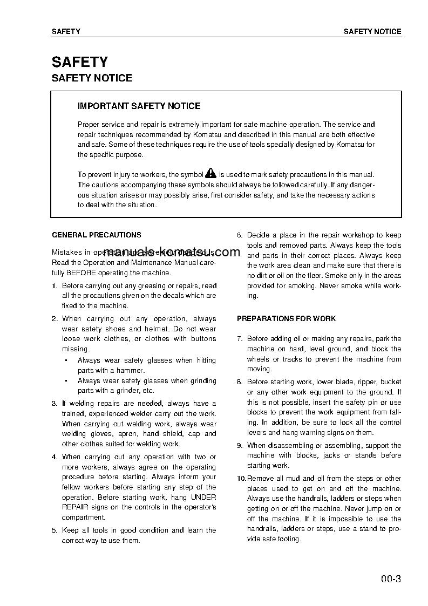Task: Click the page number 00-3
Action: click(390, 580)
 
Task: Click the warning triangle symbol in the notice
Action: click(210, 174)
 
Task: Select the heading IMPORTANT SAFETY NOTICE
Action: click(139, 106)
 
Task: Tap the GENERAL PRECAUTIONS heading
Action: click(96, 235)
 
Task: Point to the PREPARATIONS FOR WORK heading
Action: click(286, 318)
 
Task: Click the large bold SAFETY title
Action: click(79, 62)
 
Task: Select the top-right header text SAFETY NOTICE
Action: click(372, 31)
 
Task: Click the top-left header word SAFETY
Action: click(66, 31)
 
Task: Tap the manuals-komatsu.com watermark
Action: click(172, 252)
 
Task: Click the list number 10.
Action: click(241, 479)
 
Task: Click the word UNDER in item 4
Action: click(204, 497)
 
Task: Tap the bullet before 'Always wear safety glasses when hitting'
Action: click(66, 360)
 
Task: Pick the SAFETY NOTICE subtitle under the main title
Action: click(92, 78)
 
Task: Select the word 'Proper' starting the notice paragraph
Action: click(88, 125)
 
